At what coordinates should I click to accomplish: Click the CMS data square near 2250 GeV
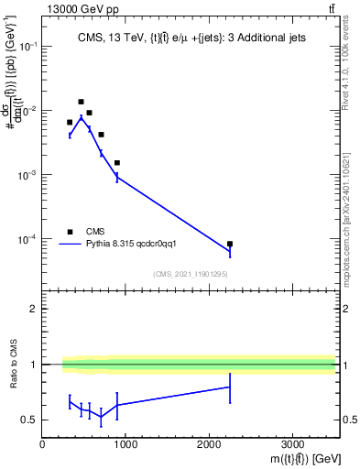(x=229, y=244)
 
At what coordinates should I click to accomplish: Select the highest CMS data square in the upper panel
(x=81, y=102)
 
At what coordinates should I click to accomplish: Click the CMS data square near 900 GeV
(x=117, y=162)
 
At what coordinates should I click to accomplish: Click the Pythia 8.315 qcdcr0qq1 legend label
(x=136, y=245)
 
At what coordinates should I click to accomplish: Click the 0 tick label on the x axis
(x=43, y=444)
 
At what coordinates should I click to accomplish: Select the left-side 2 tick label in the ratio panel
(x=33, y=309)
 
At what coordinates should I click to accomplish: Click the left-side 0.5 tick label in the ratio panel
(x=30, y=420)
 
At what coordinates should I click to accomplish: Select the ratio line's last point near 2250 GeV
(x=229, y=387)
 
